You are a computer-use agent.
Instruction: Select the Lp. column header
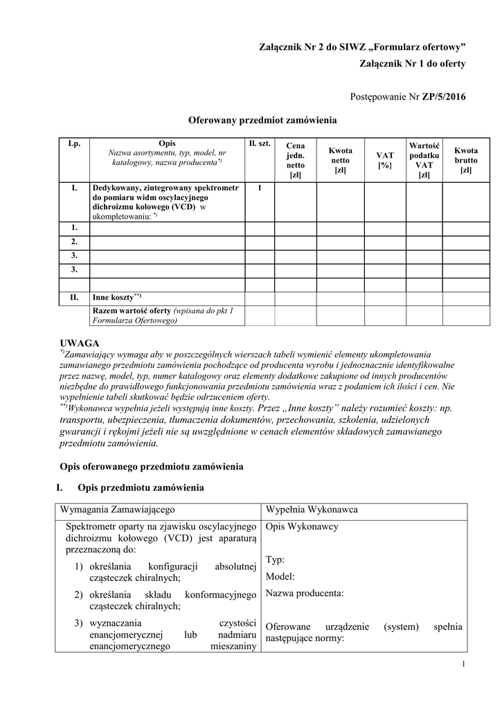coord(74,143)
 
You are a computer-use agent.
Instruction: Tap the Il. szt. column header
coord(259,143)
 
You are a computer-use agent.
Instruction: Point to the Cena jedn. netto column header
coord(296,161)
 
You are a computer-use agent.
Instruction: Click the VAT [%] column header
coord(384,161)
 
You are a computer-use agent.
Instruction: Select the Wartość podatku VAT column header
coord(424,160)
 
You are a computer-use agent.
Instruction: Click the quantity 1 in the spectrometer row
coord(259,188)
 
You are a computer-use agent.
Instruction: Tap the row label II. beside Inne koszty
coord(74,297)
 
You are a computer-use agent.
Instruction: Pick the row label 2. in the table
coord(74,242)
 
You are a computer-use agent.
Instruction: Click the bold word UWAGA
coord(80,343)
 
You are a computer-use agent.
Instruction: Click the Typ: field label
coord(276,559)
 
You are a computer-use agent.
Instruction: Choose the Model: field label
coord(280,576)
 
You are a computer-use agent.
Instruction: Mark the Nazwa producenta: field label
coord(304,593)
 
